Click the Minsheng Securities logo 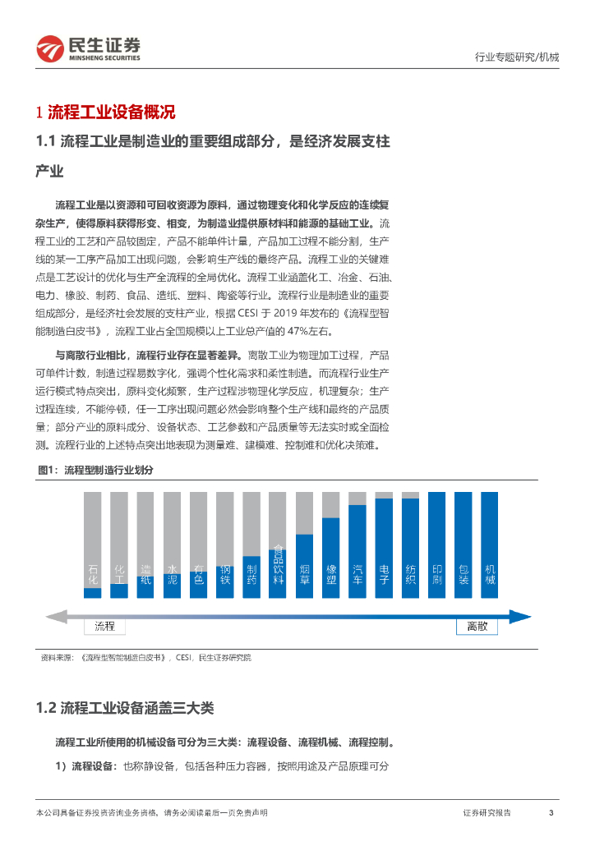pyautogui.click(x=89, y=49)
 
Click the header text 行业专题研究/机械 pyautogui.click(x=517, y=57)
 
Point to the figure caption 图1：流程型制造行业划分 pyautogui.click(x=96, y=470)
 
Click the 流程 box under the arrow pyautogui.click(x=105, y=627)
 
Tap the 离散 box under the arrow pyautogui.click(x=477, y=627)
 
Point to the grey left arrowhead pyautogui.click(x=53, y=616)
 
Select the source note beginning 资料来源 pyautogui.click(x=146, y=657)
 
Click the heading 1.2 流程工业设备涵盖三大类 pyautogui.click(x=126, y=708)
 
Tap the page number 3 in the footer pyautogui.click(x=551, y=812)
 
